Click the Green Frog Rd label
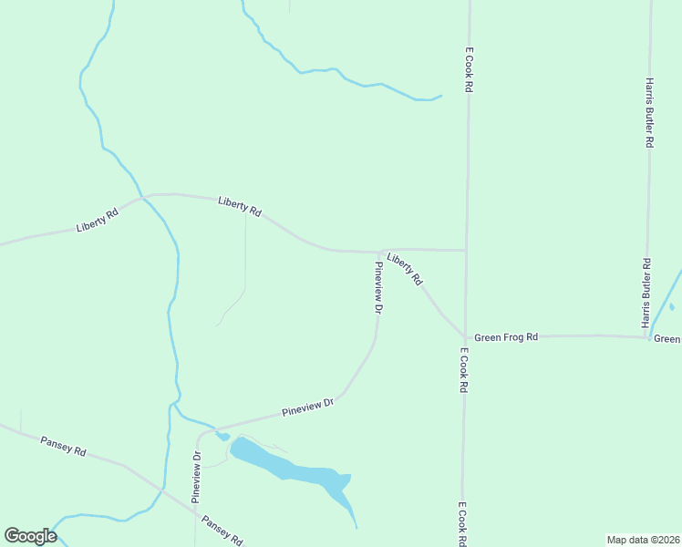click(x=506, y=337)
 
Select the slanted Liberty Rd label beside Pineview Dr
click(x=405, y=270)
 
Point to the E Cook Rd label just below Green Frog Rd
click(x=463, y=369)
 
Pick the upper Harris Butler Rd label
click(x=650, y=112)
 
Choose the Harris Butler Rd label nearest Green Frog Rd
click(x=646, y=294)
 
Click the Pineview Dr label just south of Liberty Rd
click(x=377, y=288)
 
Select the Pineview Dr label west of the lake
click(x=196, y=477)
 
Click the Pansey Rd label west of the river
click(x=63, y=447)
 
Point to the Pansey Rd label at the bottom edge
click(x=222, y=531)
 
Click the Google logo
click(x=30, y=536)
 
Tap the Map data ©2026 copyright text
click(x=643, y=540)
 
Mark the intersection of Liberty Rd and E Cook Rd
click(x=467, y=250)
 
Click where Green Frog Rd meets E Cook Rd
click(x=465, y=336)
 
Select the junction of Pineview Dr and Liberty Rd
click(x=379, y=252)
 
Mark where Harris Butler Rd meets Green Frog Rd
click(x=647, y=337)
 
